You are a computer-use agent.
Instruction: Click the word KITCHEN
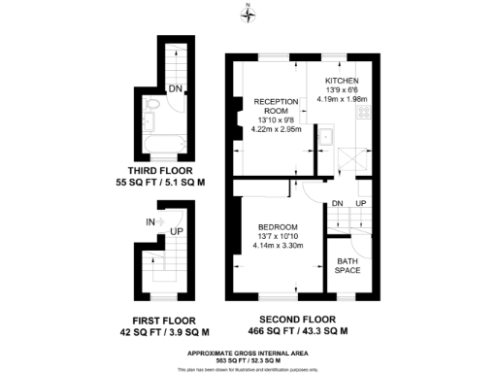tap(343, 80)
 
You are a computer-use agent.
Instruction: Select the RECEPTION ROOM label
tap(275, 106)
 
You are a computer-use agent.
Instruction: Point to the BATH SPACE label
tap(348, 265)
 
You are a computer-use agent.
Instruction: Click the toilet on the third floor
tap(156, 106)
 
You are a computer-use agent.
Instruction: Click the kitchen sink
tap(328, 137)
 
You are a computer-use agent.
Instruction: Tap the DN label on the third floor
tap(175, 89)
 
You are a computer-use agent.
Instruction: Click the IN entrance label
tap(150, 222)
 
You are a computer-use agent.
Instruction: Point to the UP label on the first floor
tap(177, 232)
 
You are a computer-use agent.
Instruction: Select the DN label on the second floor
tap(337, 203)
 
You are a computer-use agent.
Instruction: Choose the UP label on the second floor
tap(360, 203)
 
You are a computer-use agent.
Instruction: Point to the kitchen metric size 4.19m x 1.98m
tap(343, 98)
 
